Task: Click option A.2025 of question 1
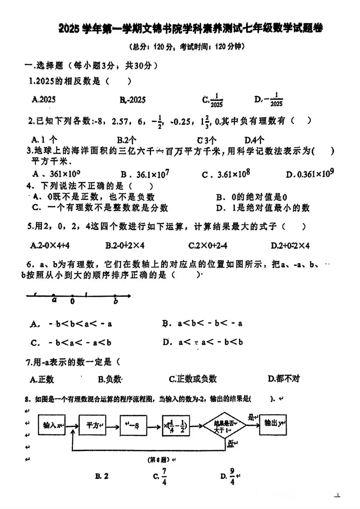[44, 99]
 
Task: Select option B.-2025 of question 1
[132, 100]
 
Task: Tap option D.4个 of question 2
[254, 140]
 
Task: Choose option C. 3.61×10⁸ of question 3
[226, 174]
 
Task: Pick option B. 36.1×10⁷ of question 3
[145, 174]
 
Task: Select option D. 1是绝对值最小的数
[262, 208]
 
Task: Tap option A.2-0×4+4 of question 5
[50, 246]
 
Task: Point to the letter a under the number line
[54, 300]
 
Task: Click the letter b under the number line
[116, 301]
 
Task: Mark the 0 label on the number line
[72, 302]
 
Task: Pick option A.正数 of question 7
[42, 379]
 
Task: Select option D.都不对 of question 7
[284, 379]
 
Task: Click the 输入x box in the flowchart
[52, 425]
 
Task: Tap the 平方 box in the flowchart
[92, 425]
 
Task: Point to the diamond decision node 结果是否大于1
[224, 426]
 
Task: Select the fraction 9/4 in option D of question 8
[232, 476]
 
